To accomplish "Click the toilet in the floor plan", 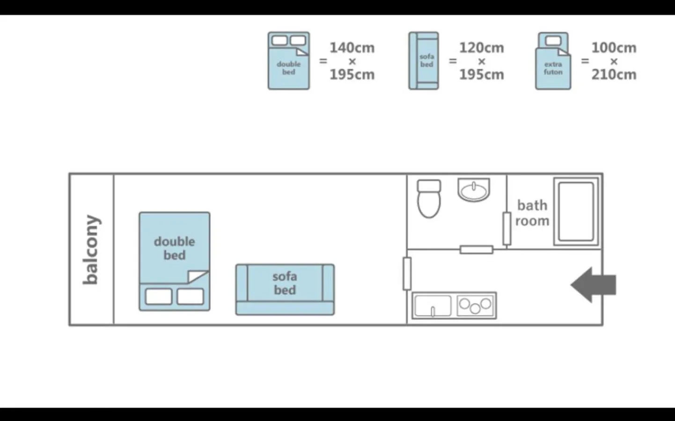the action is click(x=429, y=199).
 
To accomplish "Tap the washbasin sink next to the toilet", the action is click(x=474, y=190).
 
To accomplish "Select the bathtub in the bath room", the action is click(x=576, y=211).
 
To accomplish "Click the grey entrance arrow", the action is click(x=593, y=285).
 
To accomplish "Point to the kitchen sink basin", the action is click(x=433, y=306).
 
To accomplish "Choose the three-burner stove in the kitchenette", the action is click(x=475, y=305).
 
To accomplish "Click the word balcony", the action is click(x=91, y=250).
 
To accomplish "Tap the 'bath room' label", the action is click(x=532, y=213).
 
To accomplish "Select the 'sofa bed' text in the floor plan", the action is click(x=285, y=283).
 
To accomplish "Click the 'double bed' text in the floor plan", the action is click(x=175, y=248).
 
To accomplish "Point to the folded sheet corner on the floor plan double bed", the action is click(x=198, y=276).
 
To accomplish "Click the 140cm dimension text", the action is click(x=352, y=48).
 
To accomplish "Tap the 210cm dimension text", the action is click(x=614, y=75).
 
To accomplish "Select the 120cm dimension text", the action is click(x=481, y=48).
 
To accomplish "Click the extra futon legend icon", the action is click(x=553, y=61).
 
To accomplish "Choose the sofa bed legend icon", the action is click(x=423, y=61).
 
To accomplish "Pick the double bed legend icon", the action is click(x=289, y=61).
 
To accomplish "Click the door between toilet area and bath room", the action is click(x=506, y=229).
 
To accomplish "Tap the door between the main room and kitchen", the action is click(x=407, y=274).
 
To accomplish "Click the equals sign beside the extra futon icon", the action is click(x=585, y=61).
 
